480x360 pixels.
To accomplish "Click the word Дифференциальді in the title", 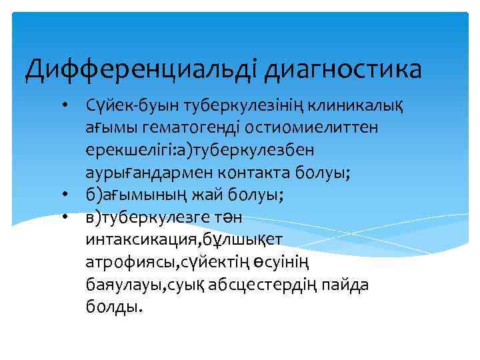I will point(139,69).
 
